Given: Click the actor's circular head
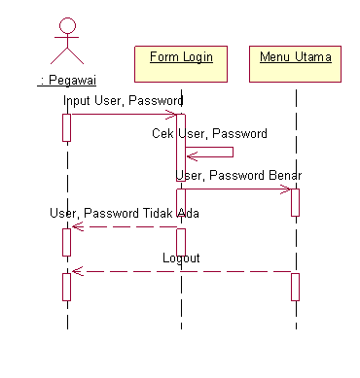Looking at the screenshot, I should point(67,26).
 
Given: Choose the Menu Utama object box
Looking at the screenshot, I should point(295,63).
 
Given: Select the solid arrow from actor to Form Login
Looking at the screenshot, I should point(122,115).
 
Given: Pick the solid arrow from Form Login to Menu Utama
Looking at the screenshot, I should point(237,189).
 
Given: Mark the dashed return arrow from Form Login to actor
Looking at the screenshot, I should point(125,227).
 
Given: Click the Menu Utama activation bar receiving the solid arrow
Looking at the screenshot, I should point(295,201).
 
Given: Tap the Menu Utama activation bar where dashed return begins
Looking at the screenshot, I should point(295,286).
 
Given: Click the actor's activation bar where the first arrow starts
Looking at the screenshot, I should point(67,127).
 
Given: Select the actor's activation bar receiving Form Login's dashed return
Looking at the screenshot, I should point(67,241).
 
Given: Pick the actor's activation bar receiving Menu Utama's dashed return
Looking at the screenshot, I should point(67,287).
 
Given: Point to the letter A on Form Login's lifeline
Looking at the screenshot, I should point(181,211).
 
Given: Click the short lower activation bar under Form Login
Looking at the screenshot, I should point(181,242).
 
